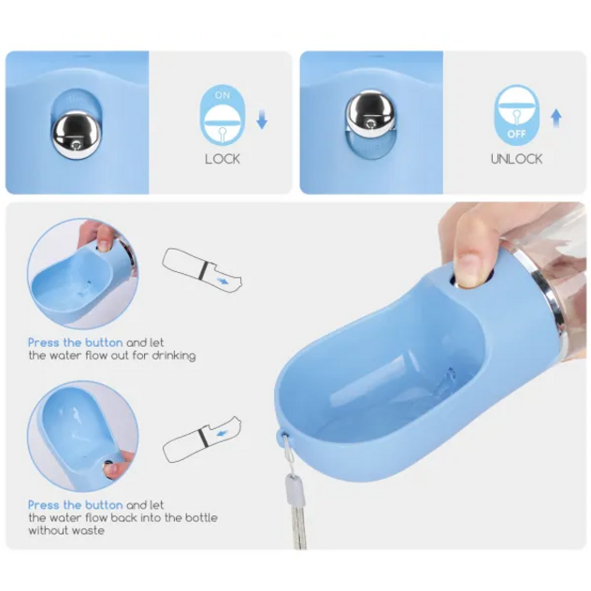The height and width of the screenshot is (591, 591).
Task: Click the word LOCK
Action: click(223, 159)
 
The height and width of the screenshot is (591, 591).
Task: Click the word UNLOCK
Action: click(516, 159)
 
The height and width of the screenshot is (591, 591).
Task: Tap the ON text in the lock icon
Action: click(223, 95)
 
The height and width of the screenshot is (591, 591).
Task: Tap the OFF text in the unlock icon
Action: click(516, 134)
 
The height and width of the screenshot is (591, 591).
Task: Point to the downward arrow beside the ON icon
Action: click(262, 120)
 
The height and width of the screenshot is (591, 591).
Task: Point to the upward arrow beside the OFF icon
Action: click(556, 119)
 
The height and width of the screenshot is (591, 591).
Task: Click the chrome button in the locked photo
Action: click(76, 134)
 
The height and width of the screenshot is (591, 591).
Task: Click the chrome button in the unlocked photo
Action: click(370, 113)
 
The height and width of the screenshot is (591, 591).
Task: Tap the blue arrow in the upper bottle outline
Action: click(223, 281)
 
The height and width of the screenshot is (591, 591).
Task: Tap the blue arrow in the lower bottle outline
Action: click(222, 434)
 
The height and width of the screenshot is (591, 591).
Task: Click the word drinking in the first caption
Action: click(174, 356)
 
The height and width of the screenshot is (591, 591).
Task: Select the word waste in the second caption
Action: click(89, 531)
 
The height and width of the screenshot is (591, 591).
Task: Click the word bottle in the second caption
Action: click(201, 517)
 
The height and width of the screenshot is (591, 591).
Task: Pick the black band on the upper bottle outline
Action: click(204, 271)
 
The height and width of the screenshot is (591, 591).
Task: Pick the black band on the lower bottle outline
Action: click(203, 439)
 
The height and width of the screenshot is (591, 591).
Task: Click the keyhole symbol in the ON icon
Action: click(223, 134)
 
